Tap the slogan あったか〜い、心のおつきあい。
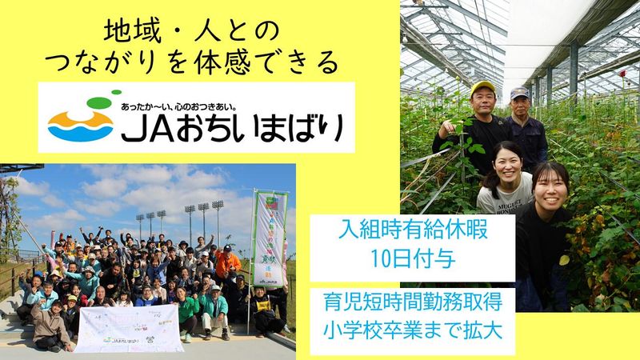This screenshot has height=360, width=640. [x=198, y=106]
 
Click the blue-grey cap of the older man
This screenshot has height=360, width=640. [x=520, y=92]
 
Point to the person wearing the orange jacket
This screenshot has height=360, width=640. [x=226, y=260]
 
